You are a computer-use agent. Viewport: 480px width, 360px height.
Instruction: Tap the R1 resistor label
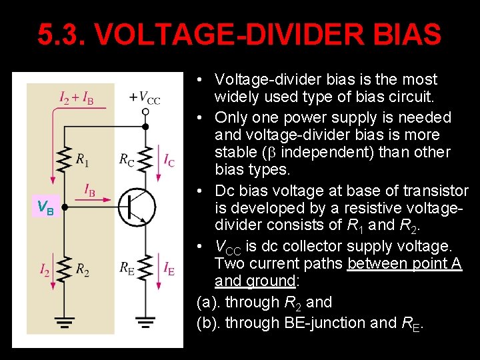(83, 160)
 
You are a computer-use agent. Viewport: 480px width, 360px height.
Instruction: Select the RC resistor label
(127, 160)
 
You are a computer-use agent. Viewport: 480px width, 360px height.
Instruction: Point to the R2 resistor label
(83, 270)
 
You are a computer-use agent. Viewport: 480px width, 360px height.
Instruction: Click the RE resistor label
(127, 269)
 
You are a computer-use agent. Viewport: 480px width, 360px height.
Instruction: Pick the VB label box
(45, 207)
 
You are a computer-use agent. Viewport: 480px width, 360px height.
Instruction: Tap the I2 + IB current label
(77, 99)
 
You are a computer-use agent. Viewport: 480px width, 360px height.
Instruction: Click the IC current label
(169, 160)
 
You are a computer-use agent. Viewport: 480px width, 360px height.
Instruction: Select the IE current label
(169, 269)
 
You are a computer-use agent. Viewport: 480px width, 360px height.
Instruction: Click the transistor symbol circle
(137, 207)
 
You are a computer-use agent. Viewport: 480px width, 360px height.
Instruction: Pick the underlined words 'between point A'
(405, 263)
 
